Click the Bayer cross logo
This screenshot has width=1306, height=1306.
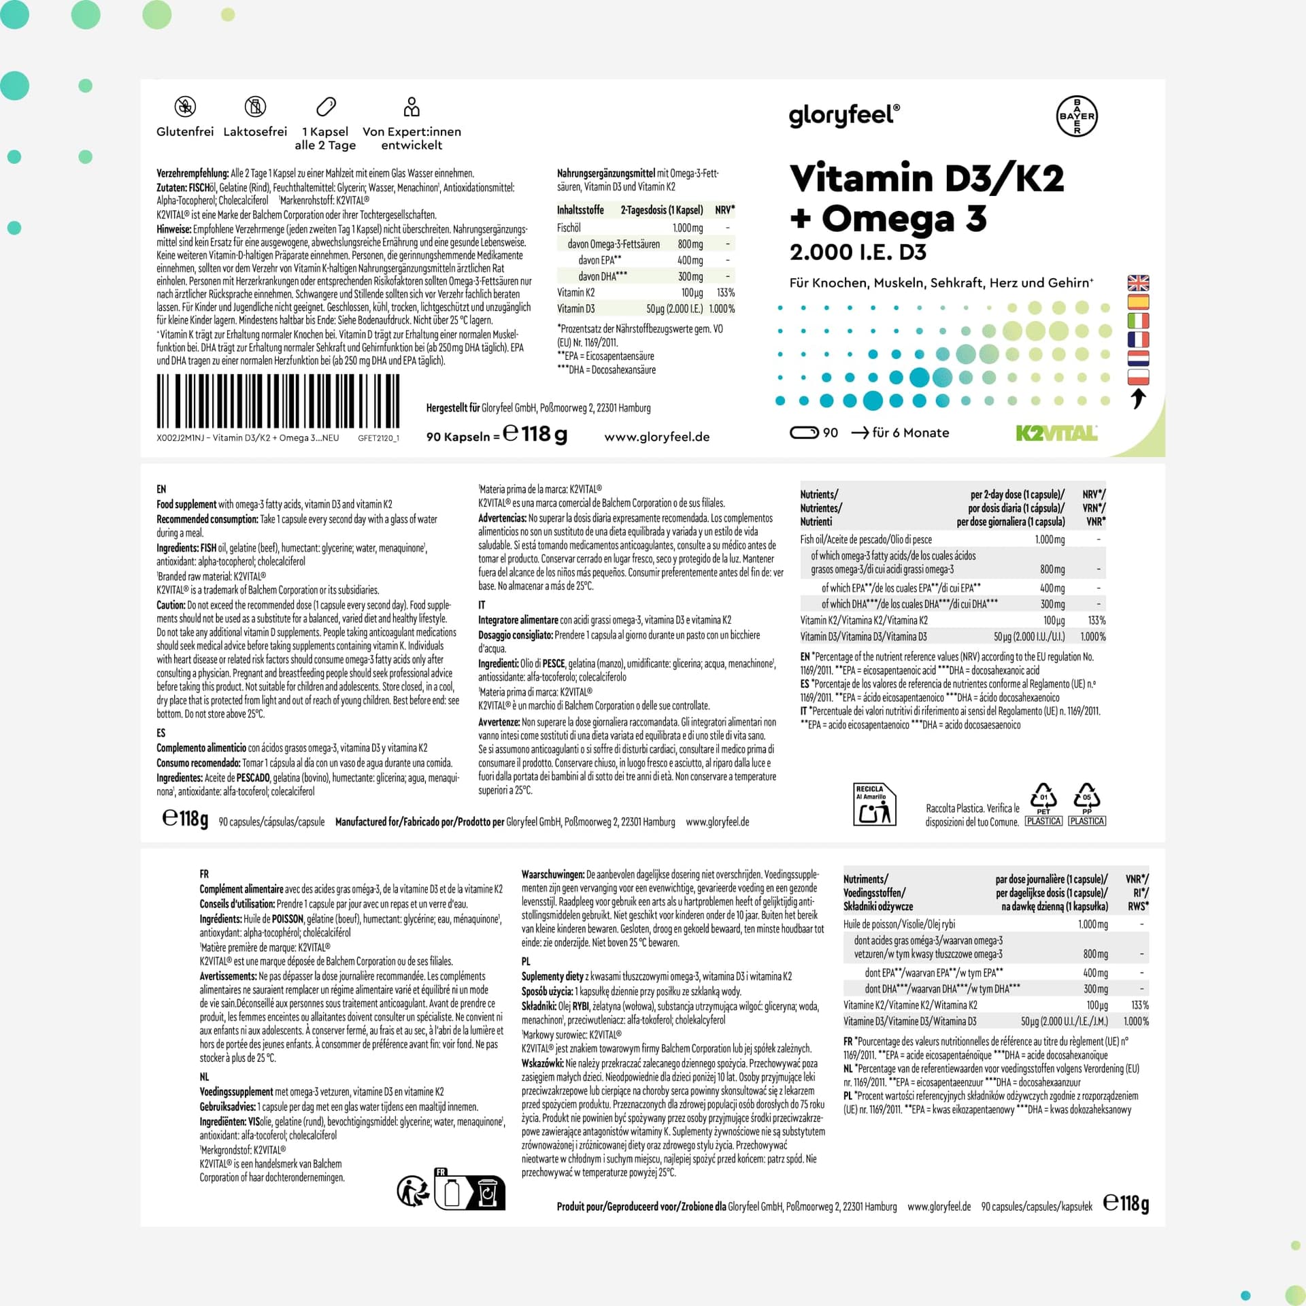1077,116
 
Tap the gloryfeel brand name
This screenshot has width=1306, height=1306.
844,116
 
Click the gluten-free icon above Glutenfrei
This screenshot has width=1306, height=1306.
185,106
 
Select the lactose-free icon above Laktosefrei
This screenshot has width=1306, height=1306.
255,106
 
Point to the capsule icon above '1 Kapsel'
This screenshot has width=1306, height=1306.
326,107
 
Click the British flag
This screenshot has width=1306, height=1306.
1138,282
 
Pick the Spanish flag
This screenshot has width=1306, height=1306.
1138,301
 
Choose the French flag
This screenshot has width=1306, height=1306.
1138,339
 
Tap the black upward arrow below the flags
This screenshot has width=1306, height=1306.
1138,399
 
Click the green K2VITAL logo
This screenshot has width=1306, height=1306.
1056,433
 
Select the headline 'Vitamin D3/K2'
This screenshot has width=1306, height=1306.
926,178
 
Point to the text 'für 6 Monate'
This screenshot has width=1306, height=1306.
910,433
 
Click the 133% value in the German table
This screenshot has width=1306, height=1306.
726,292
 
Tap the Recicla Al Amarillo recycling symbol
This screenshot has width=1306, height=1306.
875,805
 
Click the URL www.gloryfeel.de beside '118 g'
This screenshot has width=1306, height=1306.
656,437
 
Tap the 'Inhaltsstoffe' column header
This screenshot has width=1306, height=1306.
580,210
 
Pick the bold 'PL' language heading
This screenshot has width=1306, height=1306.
526,962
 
